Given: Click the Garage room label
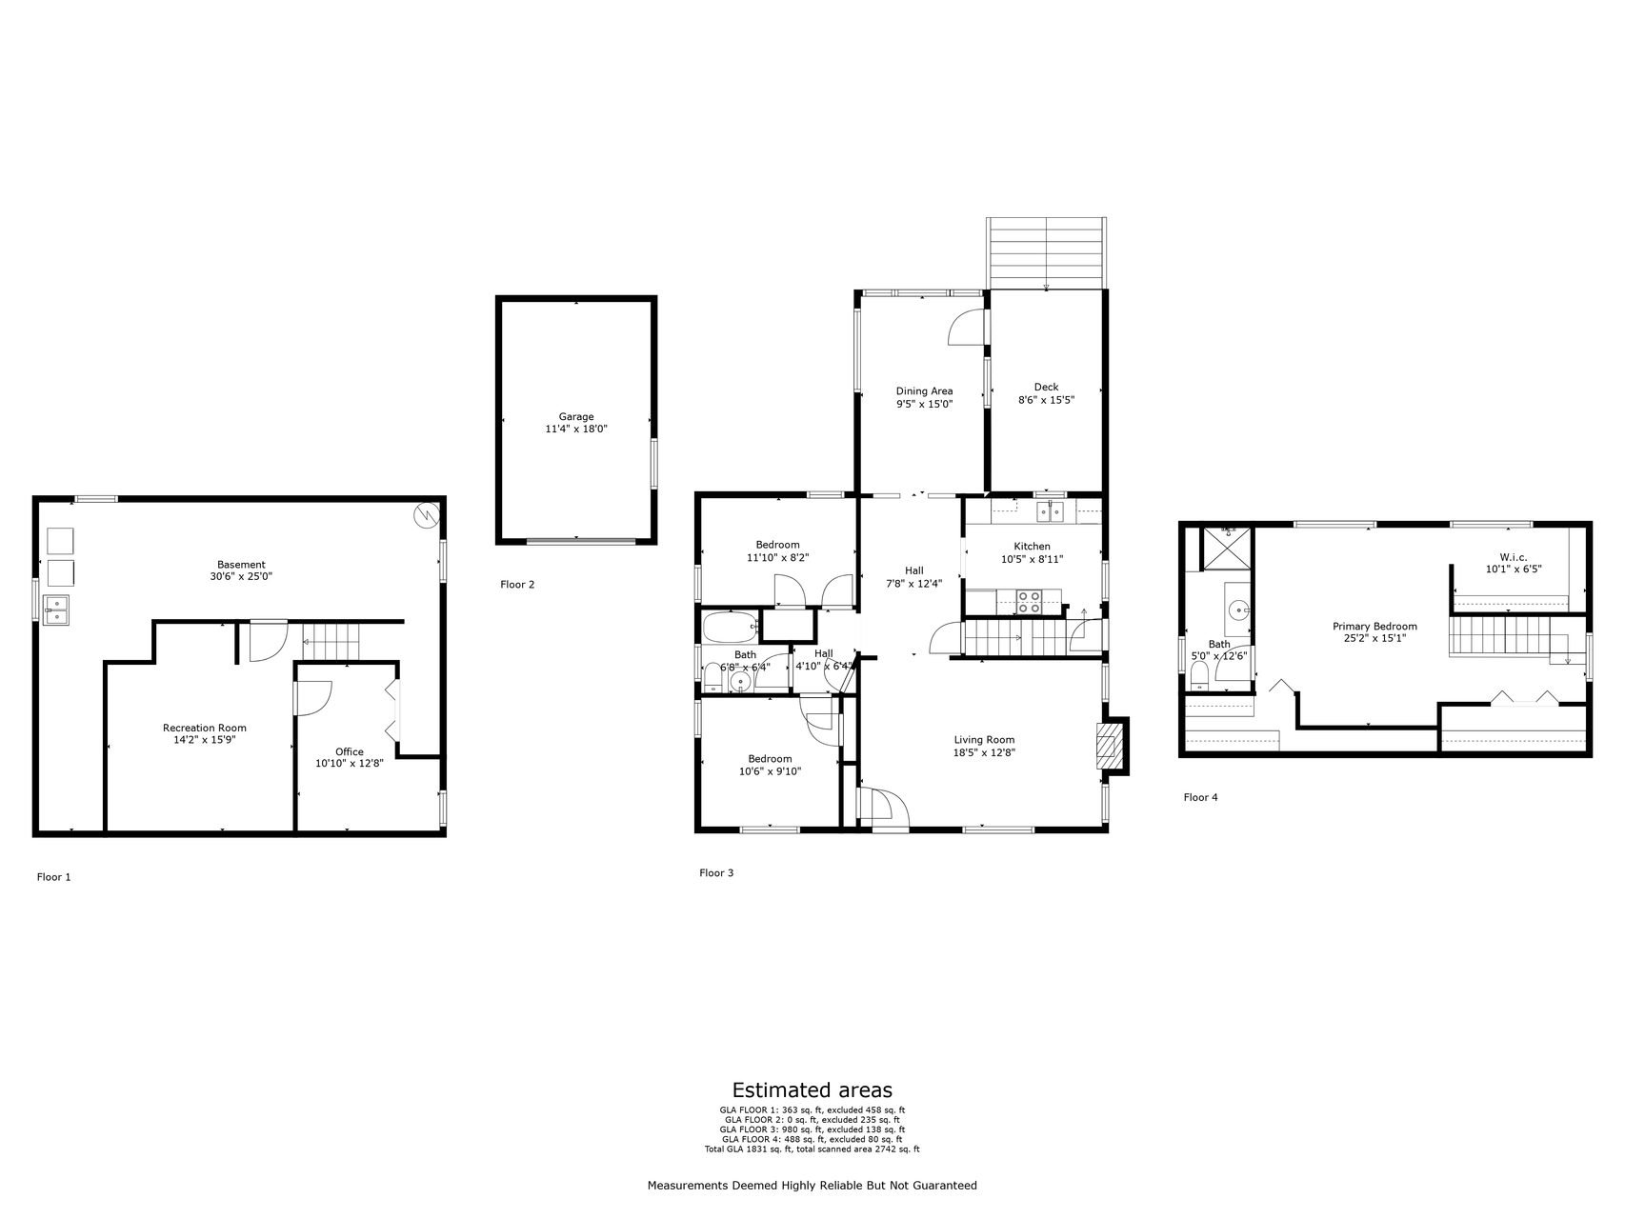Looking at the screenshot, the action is pyautogui.click(x=576, y=416).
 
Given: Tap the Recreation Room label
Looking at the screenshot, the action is pyautogui.click(x=205, y=728).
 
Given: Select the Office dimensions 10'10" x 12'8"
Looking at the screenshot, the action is pyautogui.click(x=350, y=763).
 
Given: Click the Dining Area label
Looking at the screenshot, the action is pyautogui.click(x=924, y=390).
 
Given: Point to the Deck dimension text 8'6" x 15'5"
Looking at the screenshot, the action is pyautogui.click(x=1046, y=400).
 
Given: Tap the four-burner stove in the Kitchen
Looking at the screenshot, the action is pyautogui.click(x=1029, y=602).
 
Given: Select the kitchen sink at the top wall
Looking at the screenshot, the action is pyautogui.click(x=1051, y=511).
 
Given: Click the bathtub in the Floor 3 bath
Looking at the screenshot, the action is pyautogui.click(x=730, y=628).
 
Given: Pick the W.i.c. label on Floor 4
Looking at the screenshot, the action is pyautogui.click(x=1513, y=557).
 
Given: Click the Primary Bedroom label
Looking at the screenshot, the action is pyautogui.click(x=1374, y=626).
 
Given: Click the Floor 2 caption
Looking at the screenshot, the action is pyautogui.click(x=517, y=584).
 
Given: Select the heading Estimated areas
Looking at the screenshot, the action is pyautogui.click(x=812, y=1089).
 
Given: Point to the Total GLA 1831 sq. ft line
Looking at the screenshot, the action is pyautogui.click(x=812, y=1149).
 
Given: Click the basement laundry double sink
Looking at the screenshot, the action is pyautogui.click(x=57, y=609).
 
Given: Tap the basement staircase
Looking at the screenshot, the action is pyautogui.click(x=331, y=641).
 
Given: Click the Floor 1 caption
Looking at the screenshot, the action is pyautogui.click(x=53, y=877).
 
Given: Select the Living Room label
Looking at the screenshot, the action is pyautogui.click(x=984, y=739).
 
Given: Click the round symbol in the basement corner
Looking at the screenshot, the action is pyautogui.click(x=425, y=515).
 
